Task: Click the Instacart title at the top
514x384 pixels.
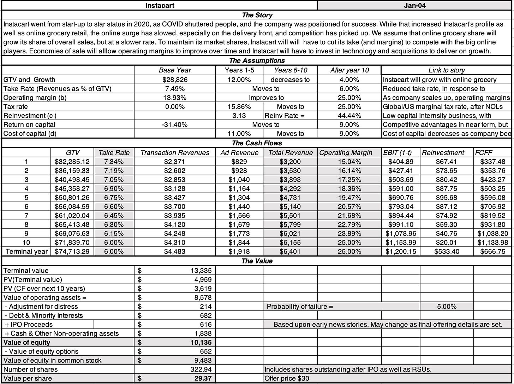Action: coord(160,6)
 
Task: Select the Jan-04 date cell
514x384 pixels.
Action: coord(415,6)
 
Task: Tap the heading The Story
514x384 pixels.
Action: coord(257,15)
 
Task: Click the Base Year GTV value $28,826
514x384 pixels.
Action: coord(175,80)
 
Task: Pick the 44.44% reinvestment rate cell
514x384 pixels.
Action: coord(349,116)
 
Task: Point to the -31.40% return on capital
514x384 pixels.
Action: coord(175,124)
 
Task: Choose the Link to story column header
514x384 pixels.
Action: coord(446,70)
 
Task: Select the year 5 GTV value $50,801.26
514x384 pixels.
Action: coord(72,198)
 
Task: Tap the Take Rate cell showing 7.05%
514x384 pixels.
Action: coord(114,180)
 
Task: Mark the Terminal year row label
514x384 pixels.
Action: coord(26,251)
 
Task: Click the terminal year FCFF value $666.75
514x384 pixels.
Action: coord(492,251)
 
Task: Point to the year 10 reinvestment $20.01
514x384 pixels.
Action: coord(446,243)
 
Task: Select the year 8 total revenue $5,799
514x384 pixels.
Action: coord(290,225)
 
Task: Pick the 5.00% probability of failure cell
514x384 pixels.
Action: coord(446,307)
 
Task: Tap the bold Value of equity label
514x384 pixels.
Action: coord(27,342)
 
